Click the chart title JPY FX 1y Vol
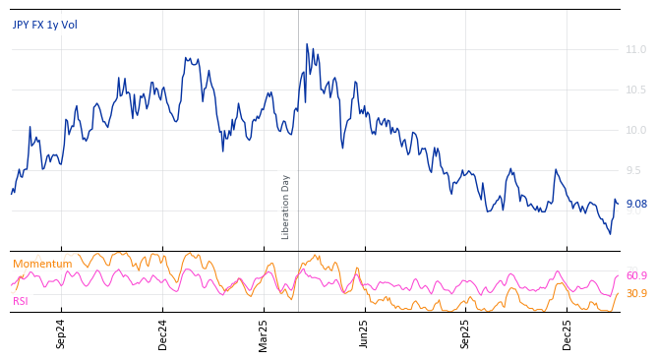point(44,25)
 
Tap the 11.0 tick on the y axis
point(635,49)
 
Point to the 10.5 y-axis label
point(635,90)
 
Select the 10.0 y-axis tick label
point(635,130)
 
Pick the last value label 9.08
point(635,205)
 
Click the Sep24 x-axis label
point(61,333)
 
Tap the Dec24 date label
point(163,333)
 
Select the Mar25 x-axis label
point(264,333)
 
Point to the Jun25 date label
point(365,333)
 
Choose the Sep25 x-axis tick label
point(466,333)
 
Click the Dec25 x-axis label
point(567,333)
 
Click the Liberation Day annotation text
point(286,207)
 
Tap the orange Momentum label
point(42,264)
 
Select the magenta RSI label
point(21,301)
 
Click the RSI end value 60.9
point(635,276)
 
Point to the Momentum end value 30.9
point(635,293)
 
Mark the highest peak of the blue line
point(306,44)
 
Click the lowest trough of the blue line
point(610,233)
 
